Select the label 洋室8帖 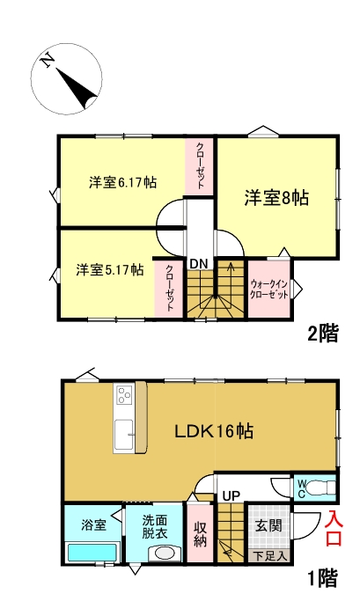(x=276, y=198)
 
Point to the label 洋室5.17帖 (x=109, y=269)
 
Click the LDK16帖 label (x=215, y=431)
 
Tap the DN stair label (x=198, y=263)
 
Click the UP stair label (x=231, y=495)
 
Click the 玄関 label (x=268, y=525)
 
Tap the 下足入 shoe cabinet (x=269, y=555)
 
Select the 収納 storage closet (x=200, y=533)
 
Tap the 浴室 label (x=94, y=525)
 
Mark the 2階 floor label (x=322, y=334)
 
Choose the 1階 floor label (x=322, y=578)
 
